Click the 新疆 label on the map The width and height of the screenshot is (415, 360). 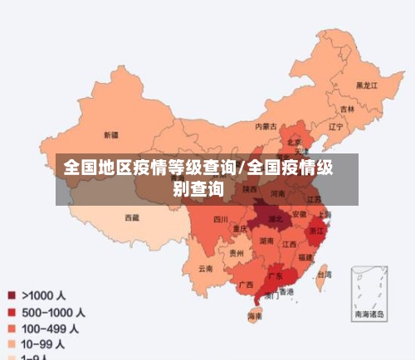pyautogui.click(x=110, y=134)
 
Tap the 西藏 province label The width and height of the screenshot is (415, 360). pyautogui.click(x=132, y=217)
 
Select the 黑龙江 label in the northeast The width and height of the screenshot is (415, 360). pyautogui.click(x=367, y=85)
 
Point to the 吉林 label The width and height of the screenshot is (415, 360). pyautogui.click(x=346, y=109)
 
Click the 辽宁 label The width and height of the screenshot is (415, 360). pyautogui.click(x=335, y=127)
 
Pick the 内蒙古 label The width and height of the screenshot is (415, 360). pyautogui.click(x=265, y=127)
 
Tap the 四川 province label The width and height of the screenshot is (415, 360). pyautogui.click(x=220, y=220)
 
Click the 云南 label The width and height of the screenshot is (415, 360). pyautogui.click(x=205, y=269)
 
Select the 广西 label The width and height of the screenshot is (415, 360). pyautogui.click(x=246, y=285)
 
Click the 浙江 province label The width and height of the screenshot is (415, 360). pyautogui.click(x=316, y=231)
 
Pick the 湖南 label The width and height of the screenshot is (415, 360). pyautogui.click(x=266, y=241)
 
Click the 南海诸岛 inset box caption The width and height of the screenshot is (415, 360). pyautogui.click(x=369, y=314)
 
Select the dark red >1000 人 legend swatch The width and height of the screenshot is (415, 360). pyautogui.click(x=12, y=294)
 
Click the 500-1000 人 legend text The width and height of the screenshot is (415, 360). pyautogui.click(x=53, y=312)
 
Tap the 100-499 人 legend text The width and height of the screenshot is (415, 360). pyautogui.click(x=50, y=328)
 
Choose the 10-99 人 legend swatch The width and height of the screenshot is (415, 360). pyautogui.click(x=12, y=343)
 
